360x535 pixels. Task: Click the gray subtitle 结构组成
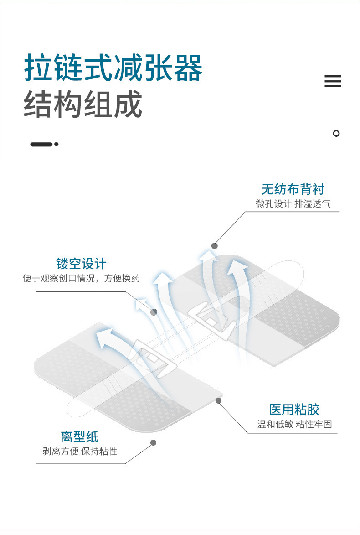click(x=82, y=104)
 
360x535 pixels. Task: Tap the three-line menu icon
click(x=333, y=81)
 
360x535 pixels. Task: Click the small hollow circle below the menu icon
click(x=336, y=134)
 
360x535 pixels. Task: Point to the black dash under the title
click(x=41, y=144)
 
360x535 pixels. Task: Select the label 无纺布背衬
click(x=293, y=189)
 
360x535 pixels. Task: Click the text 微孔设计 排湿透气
click(x=293, y=204)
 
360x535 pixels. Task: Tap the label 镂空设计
click(x=81, y=263)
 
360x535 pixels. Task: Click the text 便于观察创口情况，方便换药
click(x=81, y=278)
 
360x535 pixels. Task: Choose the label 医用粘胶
click(x=294, y=409)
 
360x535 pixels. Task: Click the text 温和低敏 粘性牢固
click(x=294, y=425)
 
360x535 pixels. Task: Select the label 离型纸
click(x=80, y=436)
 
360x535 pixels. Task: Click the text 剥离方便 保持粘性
click(x=80, y=452)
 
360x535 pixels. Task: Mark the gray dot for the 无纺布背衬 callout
click(x=214, y=245)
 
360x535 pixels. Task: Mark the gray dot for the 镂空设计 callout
click(x=154, y=312)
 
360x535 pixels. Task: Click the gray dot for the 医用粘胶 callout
click(x=219, y=400)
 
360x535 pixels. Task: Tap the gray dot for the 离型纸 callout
click(x=154, y=442)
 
